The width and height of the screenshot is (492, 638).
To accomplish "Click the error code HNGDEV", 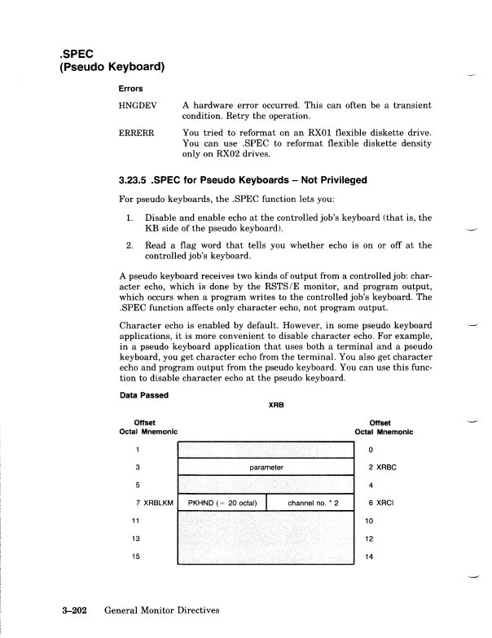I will (139, 105).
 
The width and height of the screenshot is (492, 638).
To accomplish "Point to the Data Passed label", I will (143, 396).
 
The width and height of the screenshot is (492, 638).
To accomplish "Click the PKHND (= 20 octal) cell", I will (222, 504).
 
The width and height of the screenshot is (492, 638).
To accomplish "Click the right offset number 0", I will (371, 450).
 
